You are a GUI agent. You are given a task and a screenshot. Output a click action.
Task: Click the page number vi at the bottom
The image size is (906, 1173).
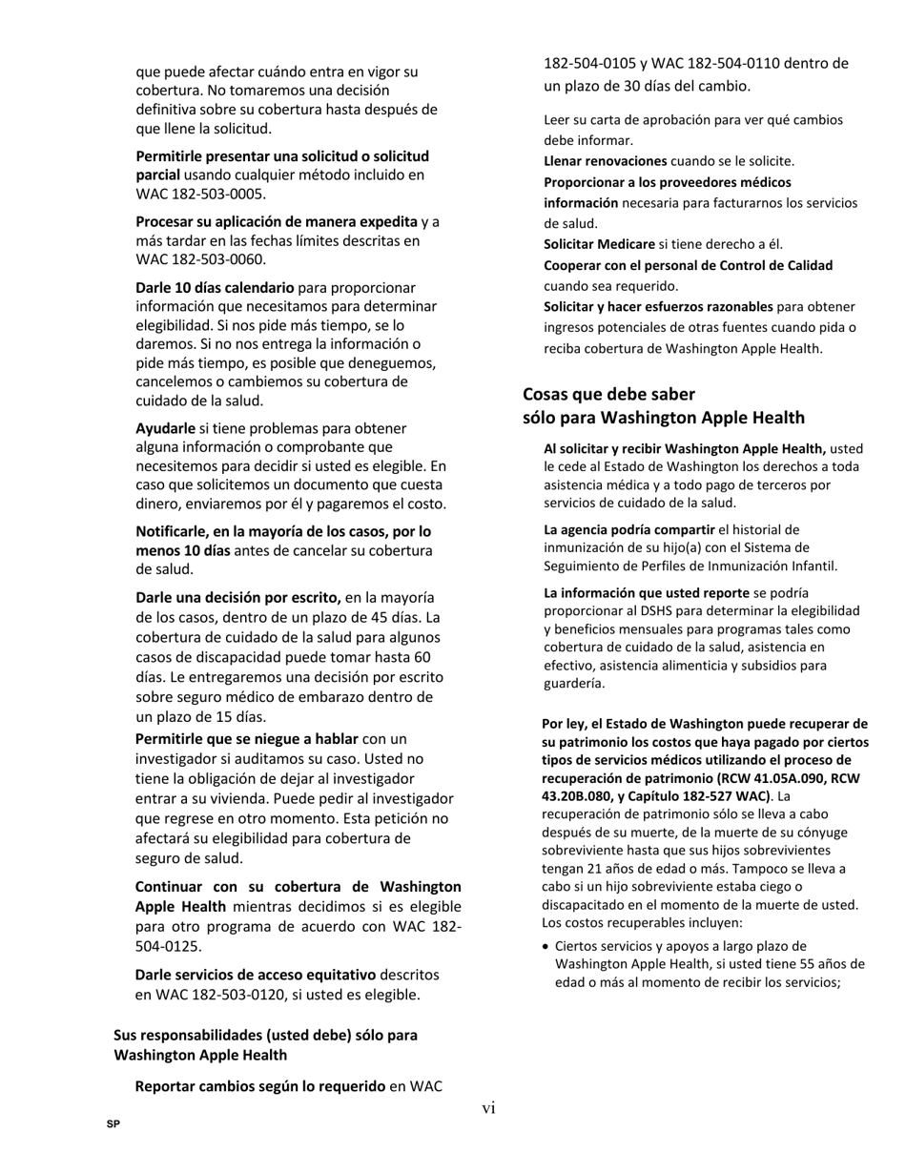[x=488, y=1107]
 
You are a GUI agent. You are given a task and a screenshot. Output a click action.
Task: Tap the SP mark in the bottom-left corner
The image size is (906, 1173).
[x=113, y=1125]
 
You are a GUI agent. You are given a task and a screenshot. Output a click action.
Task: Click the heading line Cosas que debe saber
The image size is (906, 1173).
[x=608, y=394]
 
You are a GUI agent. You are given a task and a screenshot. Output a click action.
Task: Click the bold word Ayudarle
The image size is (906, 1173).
[x=165, y=429]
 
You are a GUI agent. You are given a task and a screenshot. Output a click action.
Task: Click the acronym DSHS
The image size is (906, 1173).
[x=653, y=611]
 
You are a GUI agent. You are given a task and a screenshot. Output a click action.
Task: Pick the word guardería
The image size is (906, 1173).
[x=575, y=684]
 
